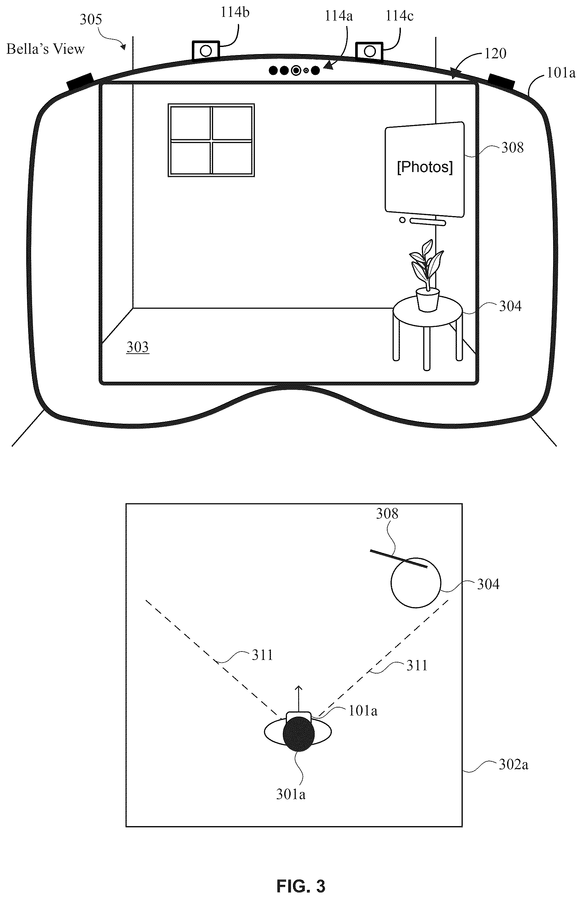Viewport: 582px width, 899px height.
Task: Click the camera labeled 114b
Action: click(x=205, y=50)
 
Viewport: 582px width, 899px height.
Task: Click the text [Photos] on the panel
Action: click(x=425, y=167)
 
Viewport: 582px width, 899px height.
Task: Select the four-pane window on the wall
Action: click(x=211, y=140)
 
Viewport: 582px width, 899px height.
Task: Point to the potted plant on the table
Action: click(x=427, y=276)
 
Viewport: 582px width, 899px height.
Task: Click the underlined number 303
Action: click(x=138, y=347)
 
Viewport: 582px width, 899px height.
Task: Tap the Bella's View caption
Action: click(x=45, y=49)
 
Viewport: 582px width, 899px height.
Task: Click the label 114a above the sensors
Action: click(x=339, y=16)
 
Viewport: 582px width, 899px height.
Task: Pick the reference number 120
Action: click(x=495, y=54)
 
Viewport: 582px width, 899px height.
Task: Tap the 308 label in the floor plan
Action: click(x=387, y=514)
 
